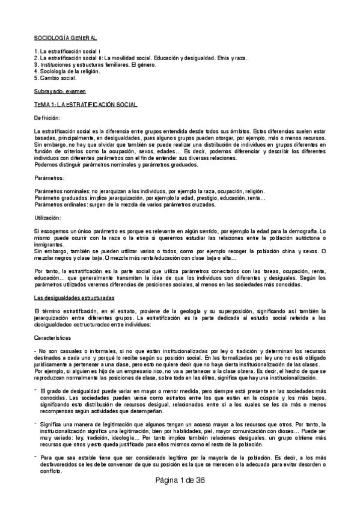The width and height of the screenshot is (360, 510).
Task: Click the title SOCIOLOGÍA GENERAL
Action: (66, 37)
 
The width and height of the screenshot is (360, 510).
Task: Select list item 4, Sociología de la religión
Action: (67, 71)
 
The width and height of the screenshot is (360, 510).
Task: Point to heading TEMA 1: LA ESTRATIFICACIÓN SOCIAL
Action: (86, 105)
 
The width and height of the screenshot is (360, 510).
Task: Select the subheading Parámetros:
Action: (49, 179)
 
